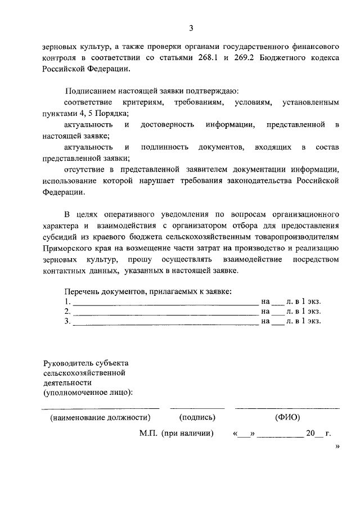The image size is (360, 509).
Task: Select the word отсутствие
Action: coord(83,169)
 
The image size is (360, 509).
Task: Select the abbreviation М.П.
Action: coord(149,434)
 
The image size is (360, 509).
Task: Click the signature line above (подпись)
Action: coord(197,408)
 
